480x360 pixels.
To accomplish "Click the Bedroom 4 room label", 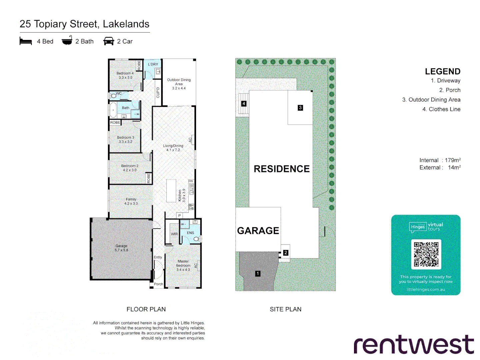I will (x=125, y=75).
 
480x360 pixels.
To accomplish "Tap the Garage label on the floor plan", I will (x=121, y=248).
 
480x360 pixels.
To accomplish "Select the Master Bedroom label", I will (x=183, y=265).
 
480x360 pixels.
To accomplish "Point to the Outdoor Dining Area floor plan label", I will (x=179, y=84).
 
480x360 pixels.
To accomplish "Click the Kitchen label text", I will (x=182, y=196).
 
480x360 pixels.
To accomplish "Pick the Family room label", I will (x=131, y=201).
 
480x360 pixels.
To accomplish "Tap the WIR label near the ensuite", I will (x=174, y=234).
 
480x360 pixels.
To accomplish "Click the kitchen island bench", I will (x=171, y=191).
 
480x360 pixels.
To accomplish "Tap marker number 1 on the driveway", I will (x=258, y=273).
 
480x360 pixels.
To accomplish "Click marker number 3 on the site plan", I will (x=300, y=108).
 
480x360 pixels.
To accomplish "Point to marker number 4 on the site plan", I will (x=244, y=104).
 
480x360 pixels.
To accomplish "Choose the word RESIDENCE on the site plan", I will (x=282, y=169).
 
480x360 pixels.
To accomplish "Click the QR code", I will (x=426, y=254).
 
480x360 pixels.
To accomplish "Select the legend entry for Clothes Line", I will (x=441, y=109).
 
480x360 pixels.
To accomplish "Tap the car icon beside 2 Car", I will (x=109, y=41).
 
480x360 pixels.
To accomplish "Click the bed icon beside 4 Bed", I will (x=26, y=41).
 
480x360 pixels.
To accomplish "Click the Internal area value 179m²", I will (x=452, y=160).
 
